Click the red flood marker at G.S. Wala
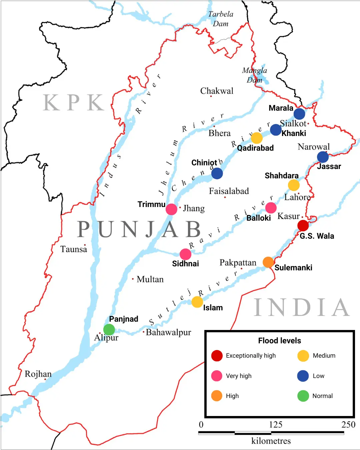point(303,226)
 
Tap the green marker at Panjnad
point(109,330)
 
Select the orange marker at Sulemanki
point(268,262)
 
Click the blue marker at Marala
point(299,114)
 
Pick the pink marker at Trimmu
point(171,209)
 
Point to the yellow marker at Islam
point(197,302)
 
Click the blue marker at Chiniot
point(217,173)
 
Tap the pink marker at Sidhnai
point(185,254)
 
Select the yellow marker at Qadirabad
point(256,138)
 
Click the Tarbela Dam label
point(221,19)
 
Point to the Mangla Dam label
point(254,75)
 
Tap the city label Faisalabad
point(229,191)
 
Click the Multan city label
point(150,279)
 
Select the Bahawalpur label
point(168,332)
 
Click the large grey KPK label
point(74,103)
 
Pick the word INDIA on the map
point(302,307)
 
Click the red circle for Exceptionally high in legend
point(217,356)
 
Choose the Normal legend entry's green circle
point(303,396)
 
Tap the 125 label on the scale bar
point(275,424)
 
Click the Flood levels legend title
point(279,341)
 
